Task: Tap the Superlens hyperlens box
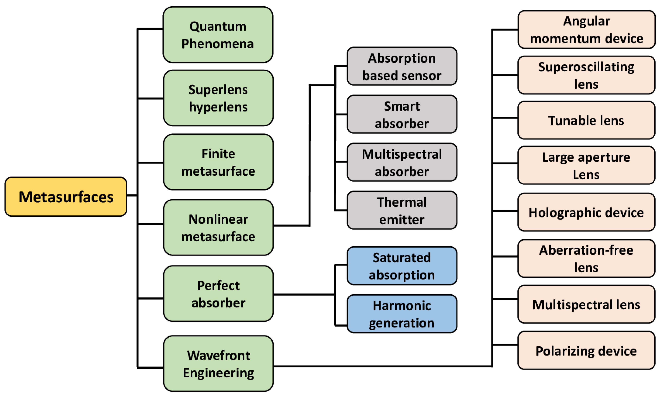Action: point(218,98)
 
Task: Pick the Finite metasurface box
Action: point(218,162)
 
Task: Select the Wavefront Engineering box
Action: point(218,364)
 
